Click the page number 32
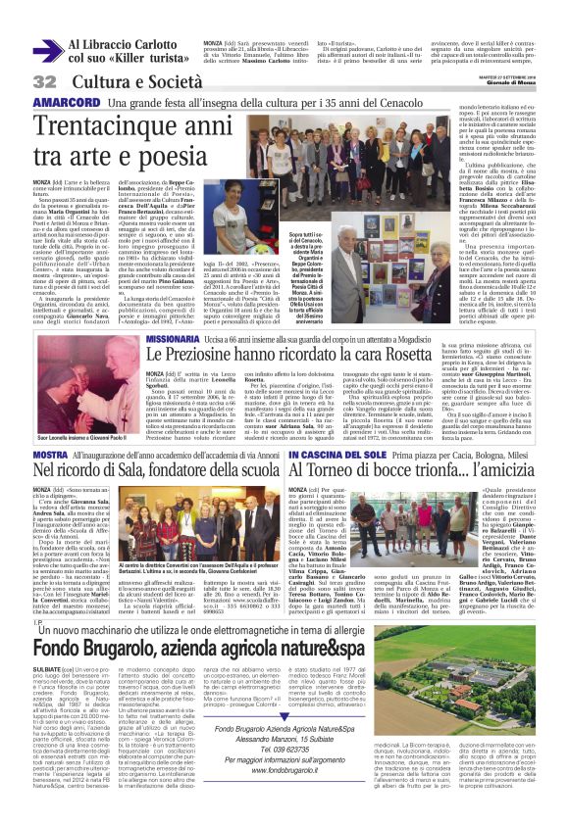pyautogui.click(x=45, y=79)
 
